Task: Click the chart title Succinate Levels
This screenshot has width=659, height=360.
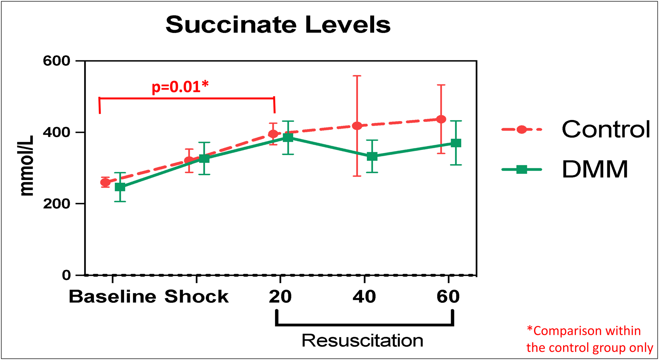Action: click(278, 25)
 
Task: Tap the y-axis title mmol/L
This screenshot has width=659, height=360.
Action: click(26, 166)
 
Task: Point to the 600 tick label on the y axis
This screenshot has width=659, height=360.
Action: click(56, 61)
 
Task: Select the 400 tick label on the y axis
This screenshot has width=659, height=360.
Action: click(56, 132)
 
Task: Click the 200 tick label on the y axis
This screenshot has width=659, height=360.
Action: click(56, 204)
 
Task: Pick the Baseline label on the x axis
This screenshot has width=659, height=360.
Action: click(112, 297)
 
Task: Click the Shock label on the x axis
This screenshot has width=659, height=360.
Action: click(197, 297)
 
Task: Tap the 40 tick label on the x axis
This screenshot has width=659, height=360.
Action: click(364, 297)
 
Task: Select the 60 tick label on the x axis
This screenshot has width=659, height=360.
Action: click(448, 297)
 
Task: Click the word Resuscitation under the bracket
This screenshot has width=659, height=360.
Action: click(362, 341)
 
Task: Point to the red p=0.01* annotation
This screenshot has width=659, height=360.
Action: click(180, 87)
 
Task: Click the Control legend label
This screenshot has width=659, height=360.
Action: click(606, 129)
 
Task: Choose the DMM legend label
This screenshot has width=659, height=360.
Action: click(595, 169)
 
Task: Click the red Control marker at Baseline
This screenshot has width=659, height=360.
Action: click(105, 182)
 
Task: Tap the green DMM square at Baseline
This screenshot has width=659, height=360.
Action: click(120, 187)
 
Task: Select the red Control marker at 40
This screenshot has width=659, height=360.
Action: click(357, 126)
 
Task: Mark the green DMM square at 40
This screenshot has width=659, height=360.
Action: click(372, 156)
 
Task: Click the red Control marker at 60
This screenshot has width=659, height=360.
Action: click(441, 119)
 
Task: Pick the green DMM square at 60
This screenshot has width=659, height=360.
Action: click(456, 143)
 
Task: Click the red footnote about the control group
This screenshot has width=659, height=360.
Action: click(589, 339)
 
